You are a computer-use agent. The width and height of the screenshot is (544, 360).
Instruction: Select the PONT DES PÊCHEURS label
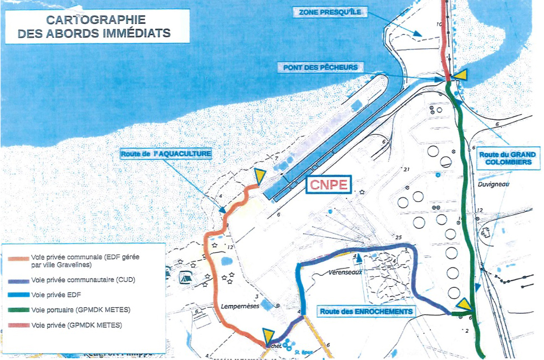click(321, 67)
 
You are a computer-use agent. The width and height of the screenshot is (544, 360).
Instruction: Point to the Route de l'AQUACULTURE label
click(166, 154)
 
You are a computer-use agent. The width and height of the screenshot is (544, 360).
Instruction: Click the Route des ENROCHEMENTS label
click(367, 312)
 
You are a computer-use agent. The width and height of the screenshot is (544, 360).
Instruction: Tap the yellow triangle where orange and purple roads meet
click(268, 335)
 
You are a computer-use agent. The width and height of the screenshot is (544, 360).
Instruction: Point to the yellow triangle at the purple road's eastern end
click(464, 305)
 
